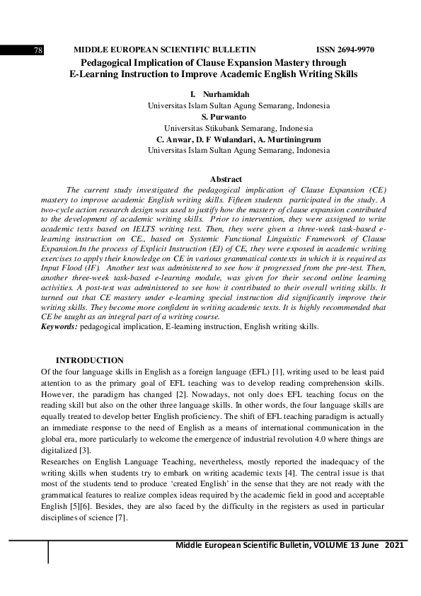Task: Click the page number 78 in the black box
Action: tap(39, 50)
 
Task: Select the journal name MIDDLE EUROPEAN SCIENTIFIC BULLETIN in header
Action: tap(164, 50)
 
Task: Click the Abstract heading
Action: tap(226, 180)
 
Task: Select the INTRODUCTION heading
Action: tap(89, 360)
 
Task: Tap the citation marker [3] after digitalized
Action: tap(85, 450)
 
